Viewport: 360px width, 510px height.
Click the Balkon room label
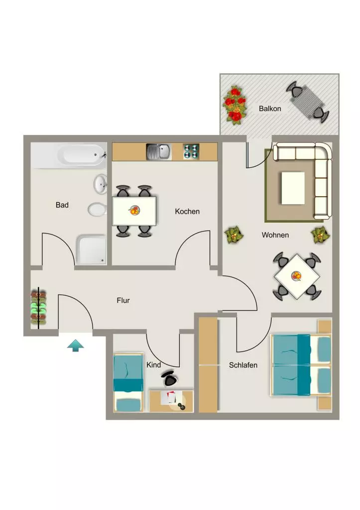(x=269, y=109)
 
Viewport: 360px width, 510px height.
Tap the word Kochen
(x=187, y=211)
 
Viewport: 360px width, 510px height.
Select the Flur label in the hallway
(x=123, y=300)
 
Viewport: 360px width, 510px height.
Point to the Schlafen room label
(x=243, y=365)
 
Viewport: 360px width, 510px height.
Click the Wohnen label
(x=275, y=235)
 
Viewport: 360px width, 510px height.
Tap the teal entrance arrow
(x=76, y=345)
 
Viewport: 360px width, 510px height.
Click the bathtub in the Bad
(x=81, y=155)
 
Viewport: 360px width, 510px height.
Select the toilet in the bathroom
(x=97, y=210)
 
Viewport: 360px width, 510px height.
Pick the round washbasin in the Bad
(x=101, y=184)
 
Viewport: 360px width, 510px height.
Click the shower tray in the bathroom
(x=92, y=250)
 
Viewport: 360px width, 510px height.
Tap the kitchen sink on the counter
(x=158, y=152)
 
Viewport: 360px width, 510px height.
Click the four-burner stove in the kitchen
(x=191, y=151)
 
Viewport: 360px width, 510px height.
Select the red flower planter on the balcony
(x=234, y=105)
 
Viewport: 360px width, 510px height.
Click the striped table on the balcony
(x=307, y=102)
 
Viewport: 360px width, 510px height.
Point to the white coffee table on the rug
(x=293, y=188)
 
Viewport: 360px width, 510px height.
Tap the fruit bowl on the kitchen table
(x=134, y=211)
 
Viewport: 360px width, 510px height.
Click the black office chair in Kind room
(x=169, y=378)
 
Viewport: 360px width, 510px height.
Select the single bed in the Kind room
(x=128, y=383)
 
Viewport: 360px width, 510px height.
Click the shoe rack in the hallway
(x=38, y=308)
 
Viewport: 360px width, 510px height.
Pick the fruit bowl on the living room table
(x=297, y=276)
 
